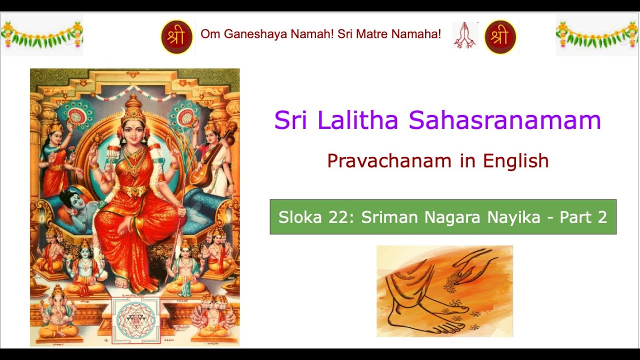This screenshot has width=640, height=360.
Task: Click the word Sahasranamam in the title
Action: click(504, 120)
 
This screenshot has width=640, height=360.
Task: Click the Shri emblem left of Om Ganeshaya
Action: click(176, 36)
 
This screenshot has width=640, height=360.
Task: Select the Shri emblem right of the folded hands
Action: click(500, 36)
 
